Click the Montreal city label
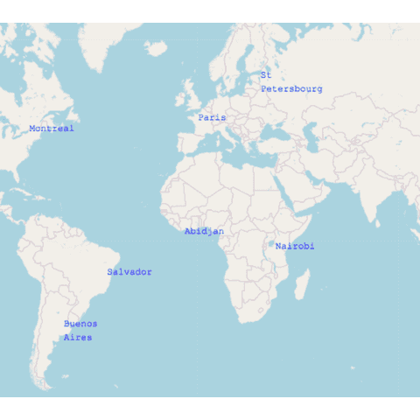click(x=51, y=129)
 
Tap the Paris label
click(x=212, y=117)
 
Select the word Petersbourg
click(x=291, y=89)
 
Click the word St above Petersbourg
click(x=265, y=75)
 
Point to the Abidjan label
click(x=204, y=232)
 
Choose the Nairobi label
click(x=294, y=247)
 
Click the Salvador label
click(x=129, y=272)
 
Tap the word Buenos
click(x=80, y=324)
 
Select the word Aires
click(x=77, y=338)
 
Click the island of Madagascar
click(x=303, y=284)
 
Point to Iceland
click(x=157, y=48)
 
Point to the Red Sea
click(x=277, y=185)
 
